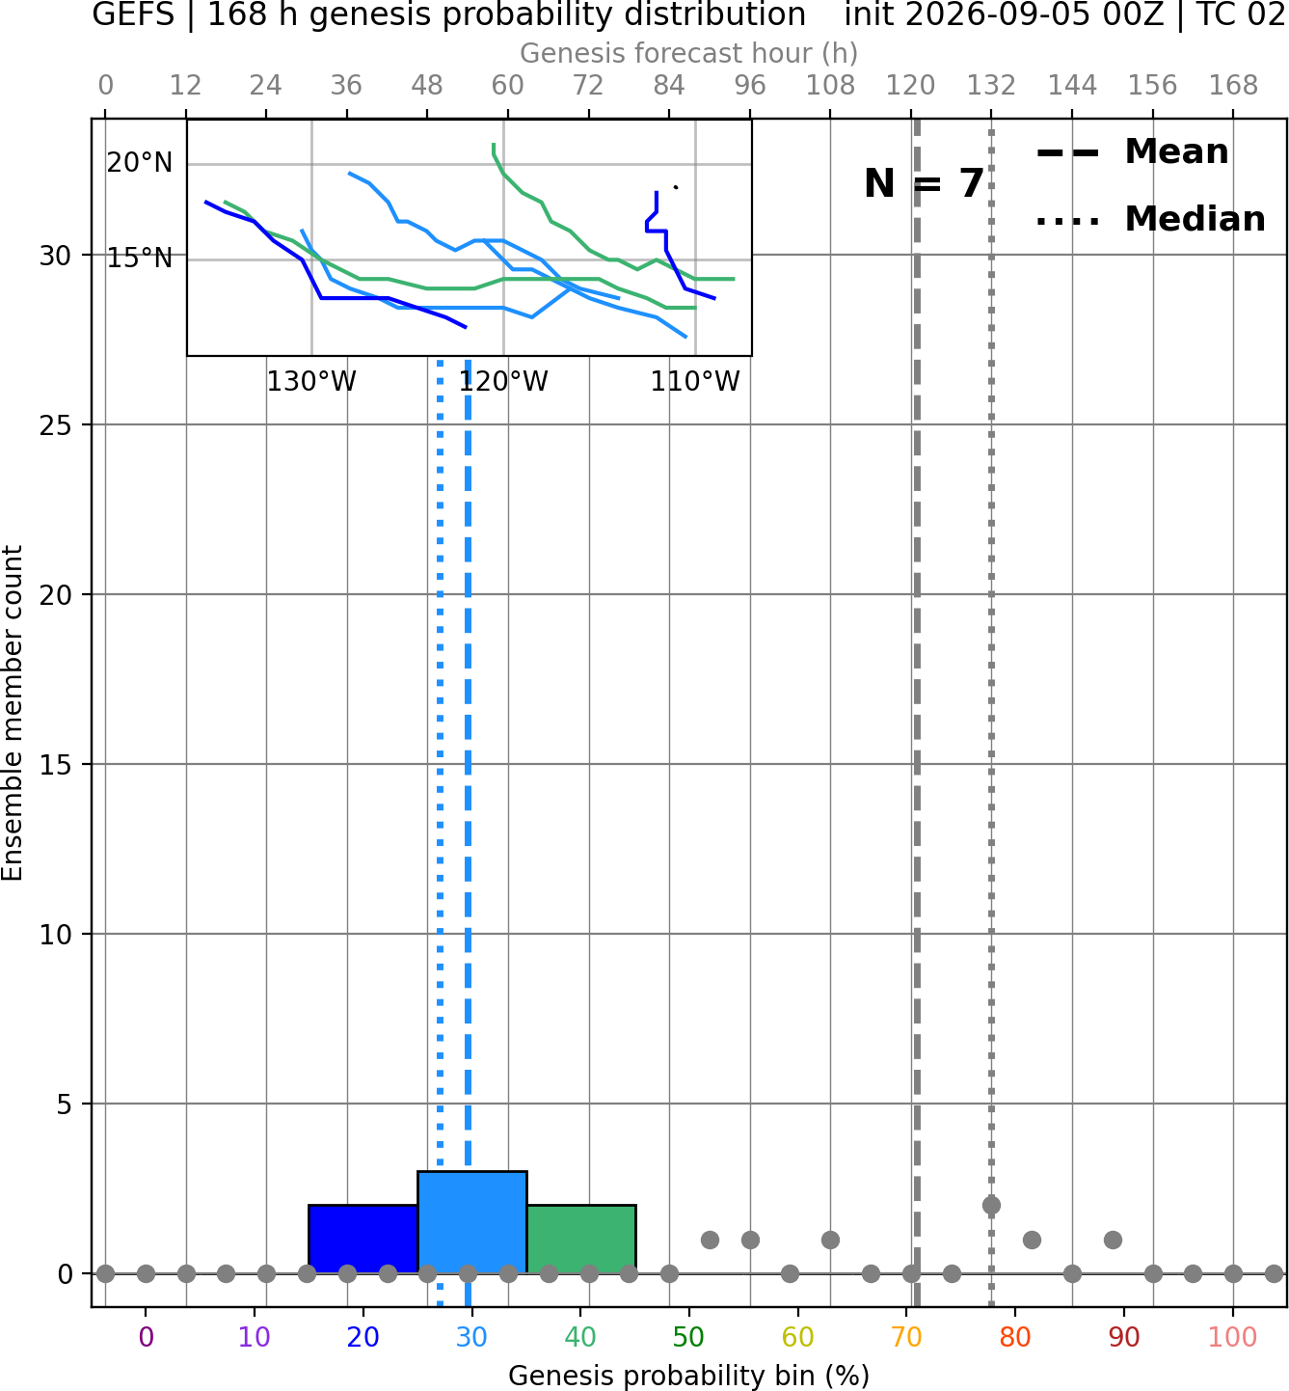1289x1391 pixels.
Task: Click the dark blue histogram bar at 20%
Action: tap(363, 1239)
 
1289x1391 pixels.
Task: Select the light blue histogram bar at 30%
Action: tap(471, 1222)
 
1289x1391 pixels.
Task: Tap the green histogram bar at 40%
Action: tap(581, 1239)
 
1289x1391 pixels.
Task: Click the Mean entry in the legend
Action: tap(1132, 152)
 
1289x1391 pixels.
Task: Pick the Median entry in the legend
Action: tap(1150, 219)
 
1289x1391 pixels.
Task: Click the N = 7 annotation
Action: tap(925, 183)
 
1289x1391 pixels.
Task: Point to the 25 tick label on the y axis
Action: tap(55, 425)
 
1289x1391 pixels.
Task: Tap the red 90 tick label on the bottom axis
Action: tap(1124, 1337)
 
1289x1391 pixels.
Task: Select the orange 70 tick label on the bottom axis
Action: tap(906, 1337)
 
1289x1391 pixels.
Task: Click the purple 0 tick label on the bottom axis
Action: tap(146, 1337)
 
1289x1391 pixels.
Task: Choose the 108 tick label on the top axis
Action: tap(830, 86)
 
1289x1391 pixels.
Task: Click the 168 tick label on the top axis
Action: tap(1233, 86)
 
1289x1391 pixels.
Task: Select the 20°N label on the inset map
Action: tap(140, 162)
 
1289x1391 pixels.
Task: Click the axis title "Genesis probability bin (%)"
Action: tap(688, 1376)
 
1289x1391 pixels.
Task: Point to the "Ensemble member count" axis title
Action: tap(13, 713)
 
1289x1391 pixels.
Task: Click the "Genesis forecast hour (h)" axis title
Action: tap(688, 53)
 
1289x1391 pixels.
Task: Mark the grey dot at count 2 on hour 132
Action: tap(991, 1206)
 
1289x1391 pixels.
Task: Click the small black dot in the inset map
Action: tap(676, 187)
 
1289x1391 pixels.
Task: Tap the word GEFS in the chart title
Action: tap(133, 14)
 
